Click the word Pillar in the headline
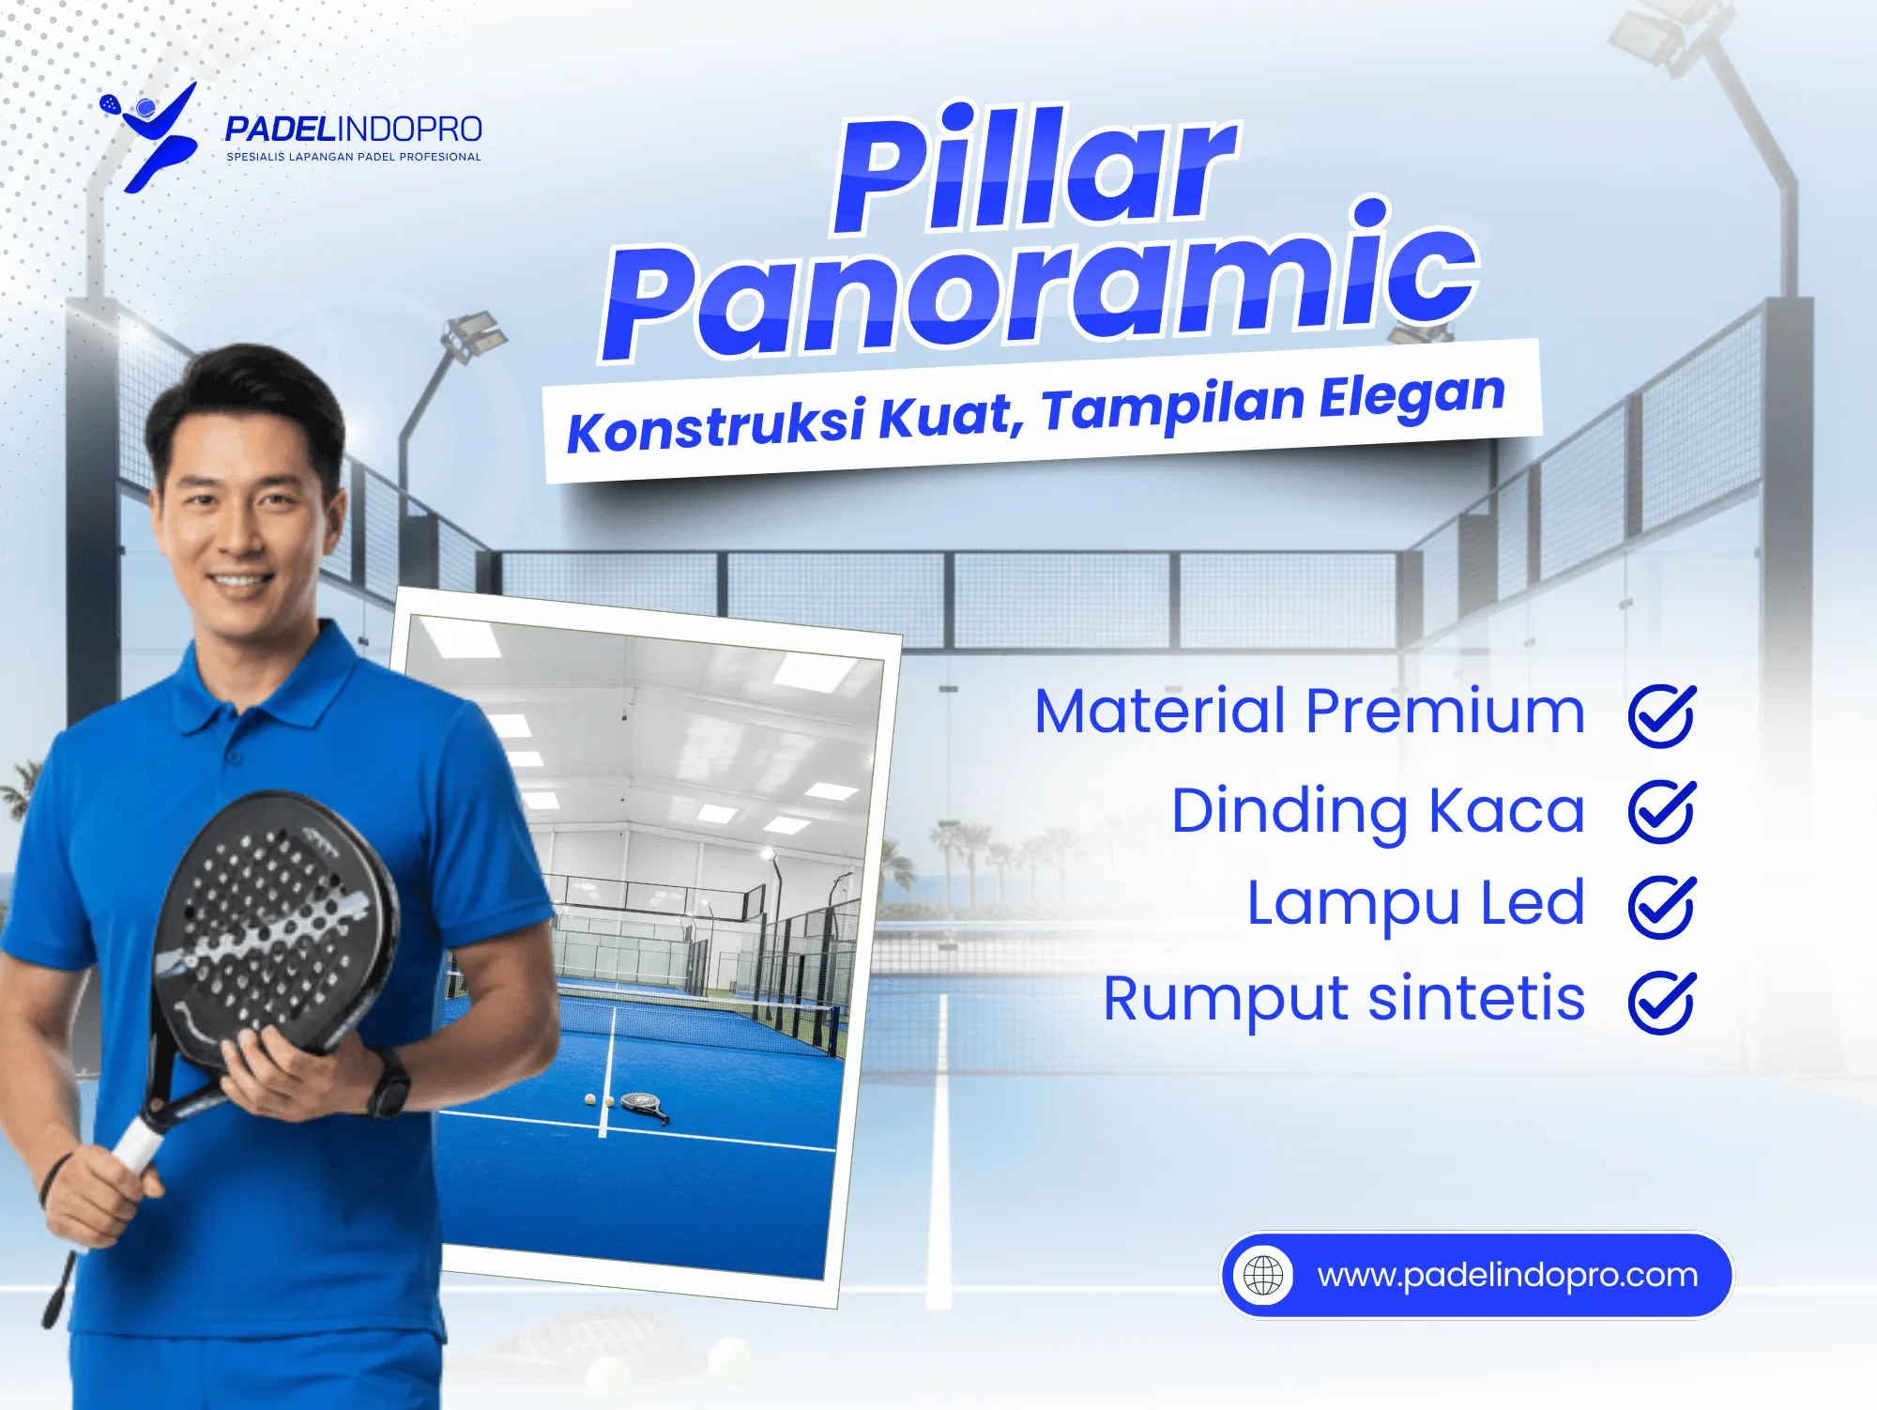coord(1032,169)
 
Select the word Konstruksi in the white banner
coord(715,425)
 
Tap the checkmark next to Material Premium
coord(1661,715)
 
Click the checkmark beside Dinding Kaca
coord(1661,811)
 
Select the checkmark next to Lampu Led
coord(1661,906)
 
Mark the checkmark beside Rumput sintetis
coord(1661,1002)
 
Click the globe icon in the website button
coord(1263,1275)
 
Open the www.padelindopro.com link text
coord(1507,1275)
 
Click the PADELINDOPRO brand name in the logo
coord(354,129)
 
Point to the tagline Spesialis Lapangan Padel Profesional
coord(354,157)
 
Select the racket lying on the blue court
coord(644,1105)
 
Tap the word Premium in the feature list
coord(1445,711)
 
